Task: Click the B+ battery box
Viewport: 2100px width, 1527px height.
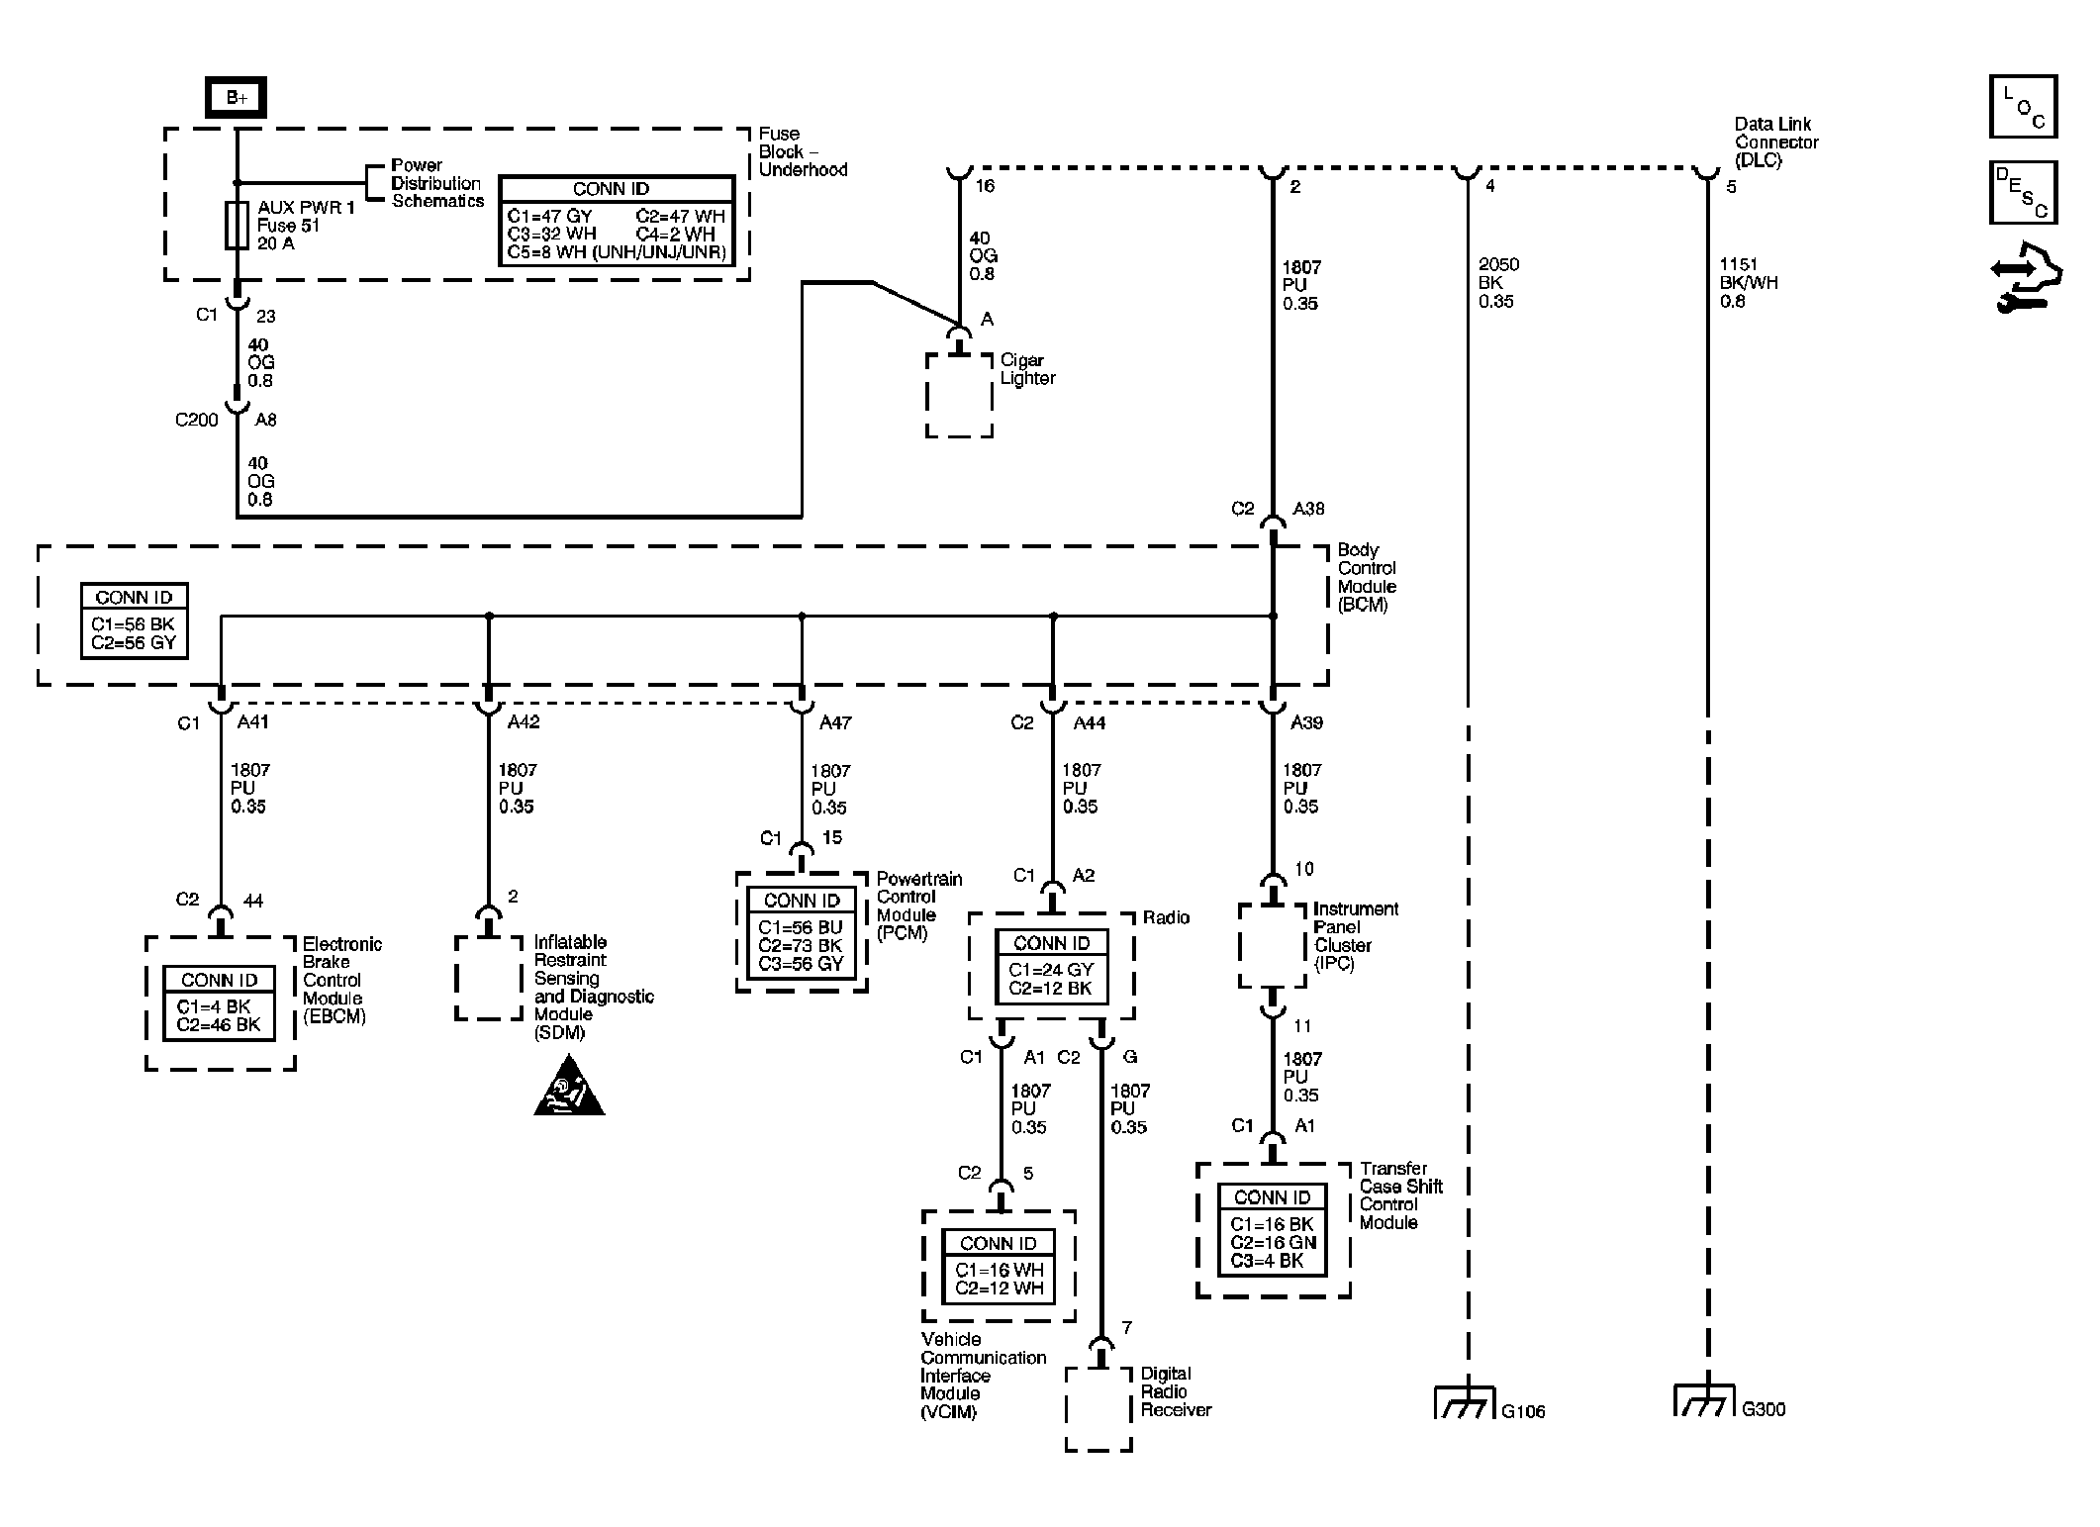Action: [x=236, y=97]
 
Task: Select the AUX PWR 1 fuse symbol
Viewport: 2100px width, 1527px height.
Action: [x=237, y=226]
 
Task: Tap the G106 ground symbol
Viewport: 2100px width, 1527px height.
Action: [x=1466, y=1402]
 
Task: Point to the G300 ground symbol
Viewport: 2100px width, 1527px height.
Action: [x=1705, y=1400]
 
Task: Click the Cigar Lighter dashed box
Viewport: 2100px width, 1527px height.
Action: [x=959, y=395]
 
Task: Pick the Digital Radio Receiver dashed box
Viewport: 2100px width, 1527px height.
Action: [x=1098, y=1409]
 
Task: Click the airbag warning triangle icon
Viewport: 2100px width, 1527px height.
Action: [x=569, y=1087]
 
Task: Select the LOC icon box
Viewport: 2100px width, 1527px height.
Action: [x=2024, y=106]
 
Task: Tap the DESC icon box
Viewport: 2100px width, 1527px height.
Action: [x=2024, y=192]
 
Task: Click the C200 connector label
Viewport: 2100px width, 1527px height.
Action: [x=196, y=420]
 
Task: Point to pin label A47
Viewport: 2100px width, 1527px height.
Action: [x=835, y=722]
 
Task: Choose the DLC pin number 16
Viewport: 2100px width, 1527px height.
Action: [x=985, y=186]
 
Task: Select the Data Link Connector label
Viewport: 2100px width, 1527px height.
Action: [x=1776, y=142]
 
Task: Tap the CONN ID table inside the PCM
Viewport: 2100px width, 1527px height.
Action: [x=802, y=932]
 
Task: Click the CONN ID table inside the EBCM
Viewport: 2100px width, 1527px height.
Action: [x=220, y=1003]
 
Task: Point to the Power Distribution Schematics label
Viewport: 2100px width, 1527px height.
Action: [x=437, y=183]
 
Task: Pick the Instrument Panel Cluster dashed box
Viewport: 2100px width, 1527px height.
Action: [x=1273, y=945]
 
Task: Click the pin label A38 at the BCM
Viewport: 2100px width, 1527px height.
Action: [x=1308, y=509]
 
